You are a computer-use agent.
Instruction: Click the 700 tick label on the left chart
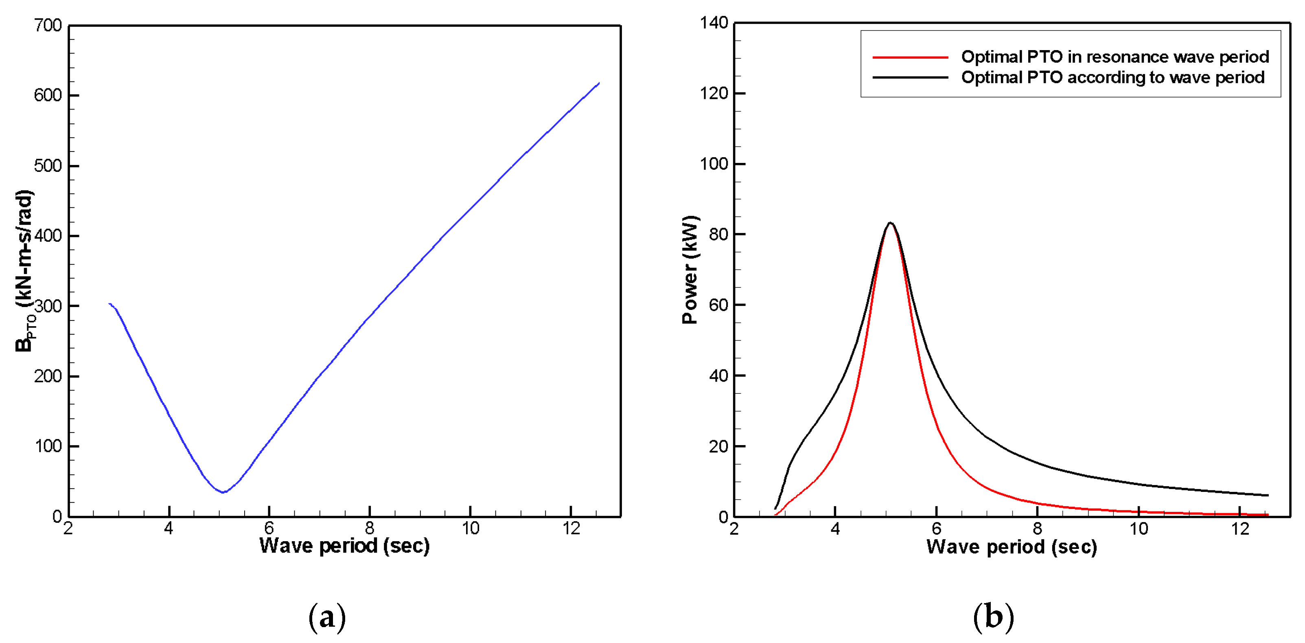[x=48, y=25]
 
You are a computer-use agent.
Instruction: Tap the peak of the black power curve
[x=889, y=222]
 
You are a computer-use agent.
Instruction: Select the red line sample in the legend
[x=910, y=57]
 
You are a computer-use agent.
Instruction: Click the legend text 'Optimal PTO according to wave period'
[x=1112, y=77]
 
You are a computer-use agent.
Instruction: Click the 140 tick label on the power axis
[x=714, y=23]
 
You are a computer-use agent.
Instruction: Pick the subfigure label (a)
[x=327, y=617]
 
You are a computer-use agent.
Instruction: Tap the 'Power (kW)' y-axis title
[x=690, y=270]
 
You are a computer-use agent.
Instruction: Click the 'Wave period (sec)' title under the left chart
[x=344, y=546]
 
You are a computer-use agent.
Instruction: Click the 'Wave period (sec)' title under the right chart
[x=1011, y=547]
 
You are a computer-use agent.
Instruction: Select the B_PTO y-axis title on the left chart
[x=24, y=271]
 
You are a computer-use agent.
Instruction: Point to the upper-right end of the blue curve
[x=599, y=83]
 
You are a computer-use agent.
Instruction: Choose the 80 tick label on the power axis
[x=719, y=235]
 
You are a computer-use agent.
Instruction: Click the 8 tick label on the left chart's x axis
[x=370, y=529]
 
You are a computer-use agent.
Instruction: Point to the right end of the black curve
[x=1268, y=495]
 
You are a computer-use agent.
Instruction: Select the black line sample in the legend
[x=910, y=77]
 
